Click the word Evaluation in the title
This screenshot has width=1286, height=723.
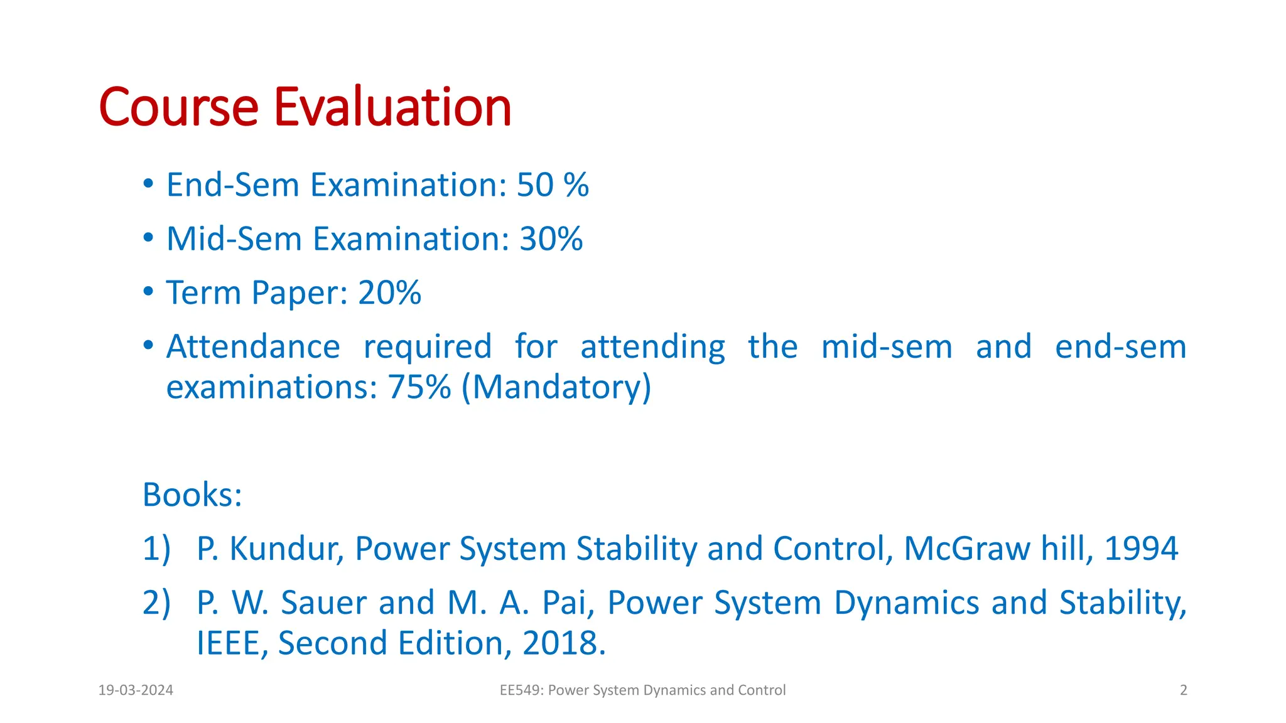(x=392, y=107)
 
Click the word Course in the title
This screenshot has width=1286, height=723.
(x=178, y=107)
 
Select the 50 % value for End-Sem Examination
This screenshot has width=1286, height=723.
(x=553, y=185)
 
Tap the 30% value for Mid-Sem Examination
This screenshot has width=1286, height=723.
(x=551, y=239)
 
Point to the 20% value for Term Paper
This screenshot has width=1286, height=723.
(x=389, y=293)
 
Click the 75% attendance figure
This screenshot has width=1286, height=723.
(x=419, y=387)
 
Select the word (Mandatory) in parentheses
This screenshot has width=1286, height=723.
(x=556, y=387)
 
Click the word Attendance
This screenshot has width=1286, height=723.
(x=253, y=347)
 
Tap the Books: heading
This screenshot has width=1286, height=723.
(x=192, y=495)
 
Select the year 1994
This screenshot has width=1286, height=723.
(x=1141, y=549)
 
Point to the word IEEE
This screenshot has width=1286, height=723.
(x=229, y=644)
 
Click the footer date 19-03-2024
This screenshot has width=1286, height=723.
(x=136, y=690)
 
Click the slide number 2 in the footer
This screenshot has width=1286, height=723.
(x=1184, y=690)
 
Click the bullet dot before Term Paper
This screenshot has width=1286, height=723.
(x=148, y=292)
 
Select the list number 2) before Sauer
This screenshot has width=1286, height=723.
(x=156, y=603)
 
